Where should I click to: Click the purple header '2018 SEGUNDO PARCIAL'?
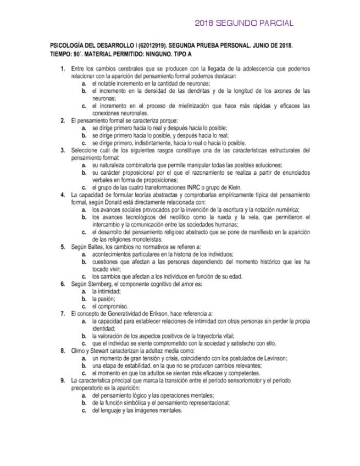pyautogui.click(x=244, y=23)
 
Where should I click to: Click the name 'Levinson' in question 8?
pyautogui.click(x=273, y=358)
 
